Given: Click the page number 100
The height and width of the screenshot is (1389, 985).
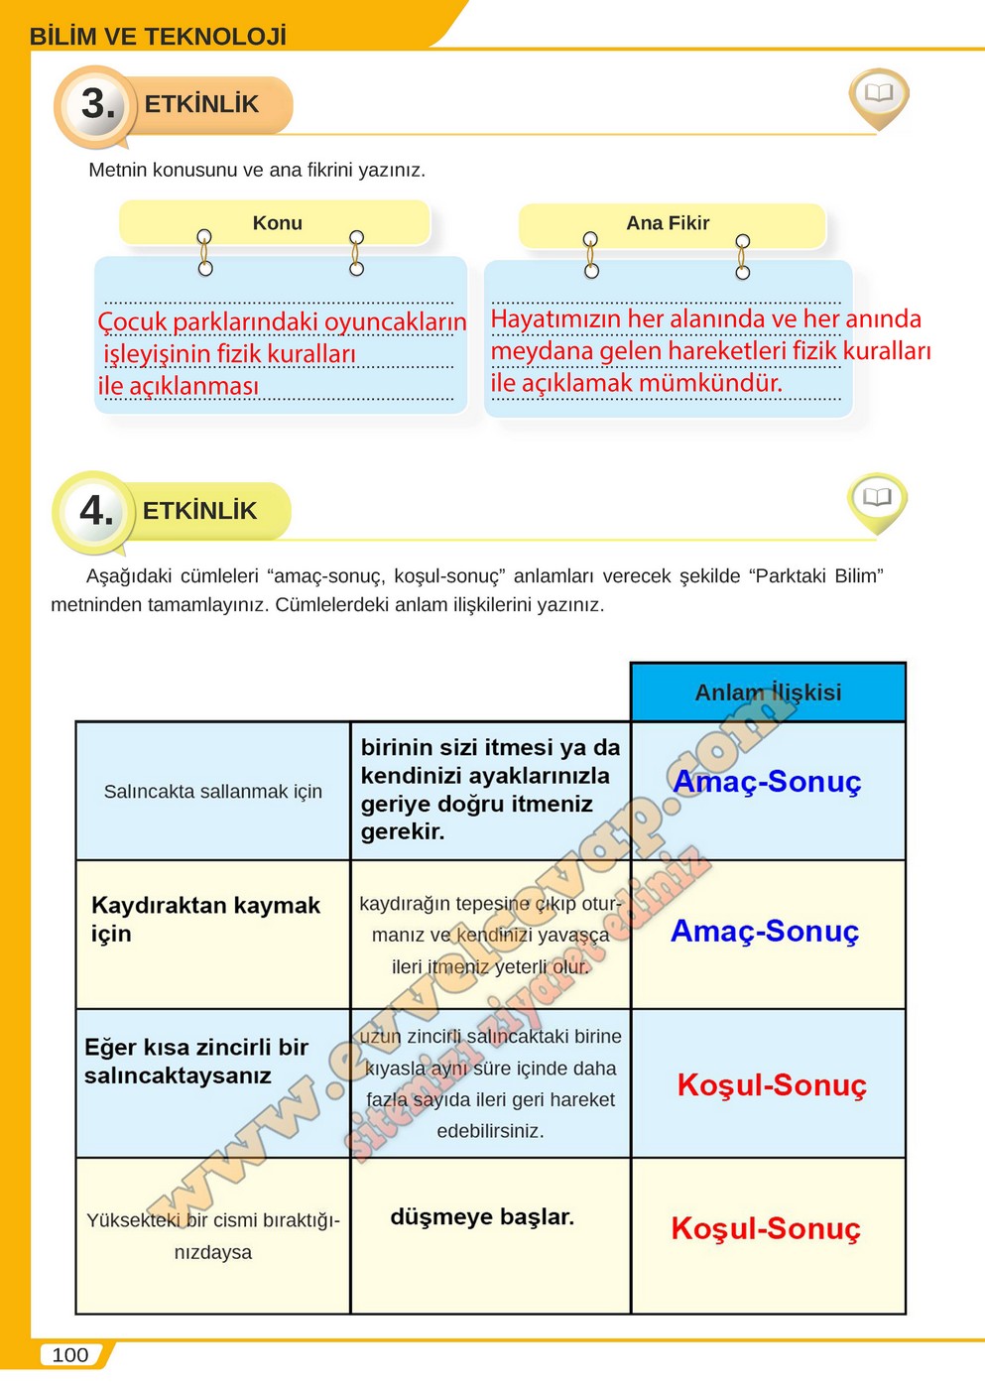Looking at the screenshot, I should [69, 1355].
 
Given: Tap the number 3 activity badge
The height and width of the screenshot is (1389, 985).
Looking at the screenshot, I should [96, 104].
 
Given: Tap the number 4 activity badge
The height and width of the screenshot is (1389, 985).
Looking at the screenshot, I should [95, 511].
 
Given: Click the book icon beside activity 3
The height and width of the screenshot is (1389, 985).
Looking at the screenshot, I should [879, 95].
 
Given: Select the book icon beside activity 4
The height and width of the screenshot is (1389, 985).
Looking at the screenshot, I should [877, 498].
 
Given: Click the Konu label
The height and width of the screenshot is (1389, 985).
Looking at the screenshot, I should [277, 223].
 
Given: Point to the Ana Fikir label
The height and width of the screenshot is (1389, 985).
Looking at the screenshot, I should [668, 223].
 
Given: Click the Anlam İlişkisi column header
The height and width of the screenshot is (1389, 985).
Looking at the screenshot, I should [768, 693].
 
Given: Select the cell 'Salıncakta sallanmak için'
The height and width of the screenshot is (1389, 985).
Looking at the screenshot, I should [213, 792].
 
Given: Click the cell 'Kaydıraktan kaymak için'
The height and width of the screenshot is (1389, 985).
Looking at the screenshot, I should [205, 919].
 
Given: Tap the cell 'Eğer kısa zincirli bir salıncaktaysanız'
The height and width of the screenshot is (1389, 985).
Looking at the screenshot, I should [196, 1062].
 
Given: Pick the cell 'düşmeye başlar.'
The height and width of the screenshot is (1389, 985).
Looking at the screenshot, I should [482, 1217].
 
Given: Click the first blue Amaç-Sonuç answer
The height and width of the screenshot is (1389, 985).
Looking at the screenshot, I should [768, 782].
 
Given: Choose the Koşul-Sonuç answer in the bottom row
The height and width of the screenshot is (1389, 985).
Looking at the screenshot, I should [766, 1229].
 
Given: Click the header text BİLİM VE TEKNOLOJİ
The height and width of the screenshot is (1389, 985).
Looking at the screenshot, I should [158, 37].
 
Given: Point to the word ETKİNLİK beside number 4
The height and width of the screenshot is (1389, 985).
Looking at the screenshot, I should [199, 511].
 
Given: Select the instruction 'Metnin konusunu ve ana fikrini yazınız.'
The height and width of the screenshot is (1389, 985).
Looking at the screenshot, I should [257, 170].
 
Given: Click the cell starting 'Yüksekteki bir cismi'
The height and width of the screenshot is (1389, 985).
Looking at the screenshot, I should [213, 1235].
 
